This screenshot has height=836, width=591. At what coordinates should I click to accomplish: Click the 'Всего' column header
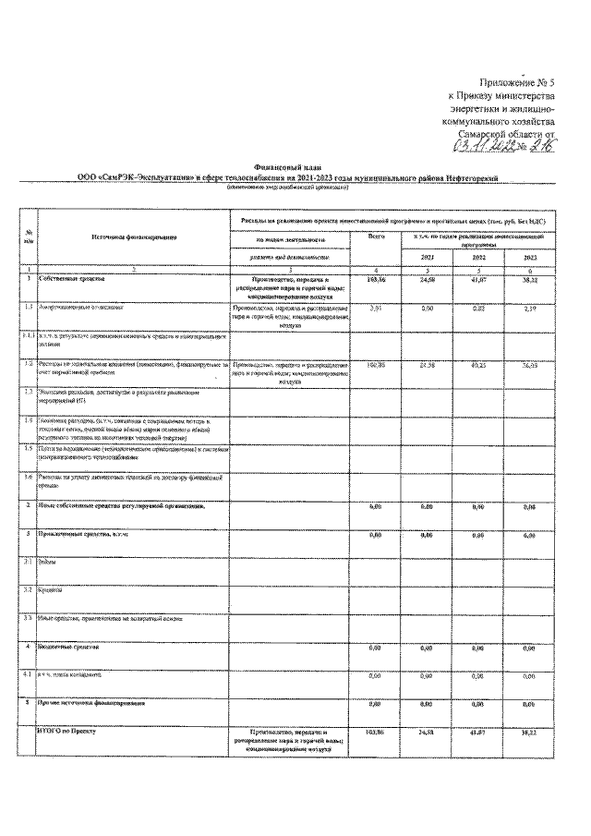click(375, 237)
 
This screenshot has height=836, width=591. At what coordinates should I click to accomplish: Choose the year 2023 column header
click(529, 257)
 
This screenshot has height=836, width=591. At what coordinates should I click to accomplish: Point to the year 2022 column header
click(478, 257)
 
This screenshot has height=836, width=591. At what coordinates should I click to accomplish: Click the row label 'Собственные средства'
click(78, 277)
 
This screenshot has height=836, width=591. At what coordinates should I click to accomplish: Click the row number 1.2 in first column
click(30, 364)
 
